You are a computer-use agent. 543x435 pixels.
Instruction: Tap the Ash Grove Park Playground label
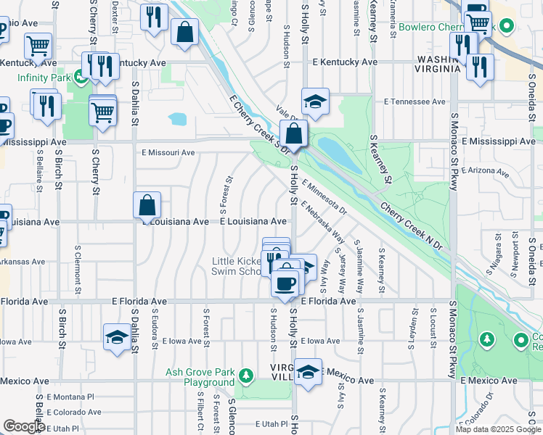coord(200,377)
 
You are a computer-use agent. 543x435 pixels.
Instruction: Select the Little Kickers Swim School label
coord(236,266)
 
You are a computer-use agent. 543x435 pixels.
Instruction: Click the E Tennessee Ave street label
coord(414,101)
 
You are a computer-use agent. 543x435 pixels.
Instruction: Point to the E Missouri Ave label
coord(168,152)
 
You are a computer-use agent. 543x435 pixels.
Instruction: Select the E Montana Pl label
coord(71,397)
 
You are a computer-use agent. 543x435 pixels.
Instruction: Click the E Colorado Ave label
coord(74,412)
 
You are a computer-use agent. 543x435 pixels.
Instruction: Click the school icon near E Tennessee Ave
coord(314,102)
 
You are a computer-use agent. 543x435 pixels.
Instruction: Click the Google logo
coord(24,426)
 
